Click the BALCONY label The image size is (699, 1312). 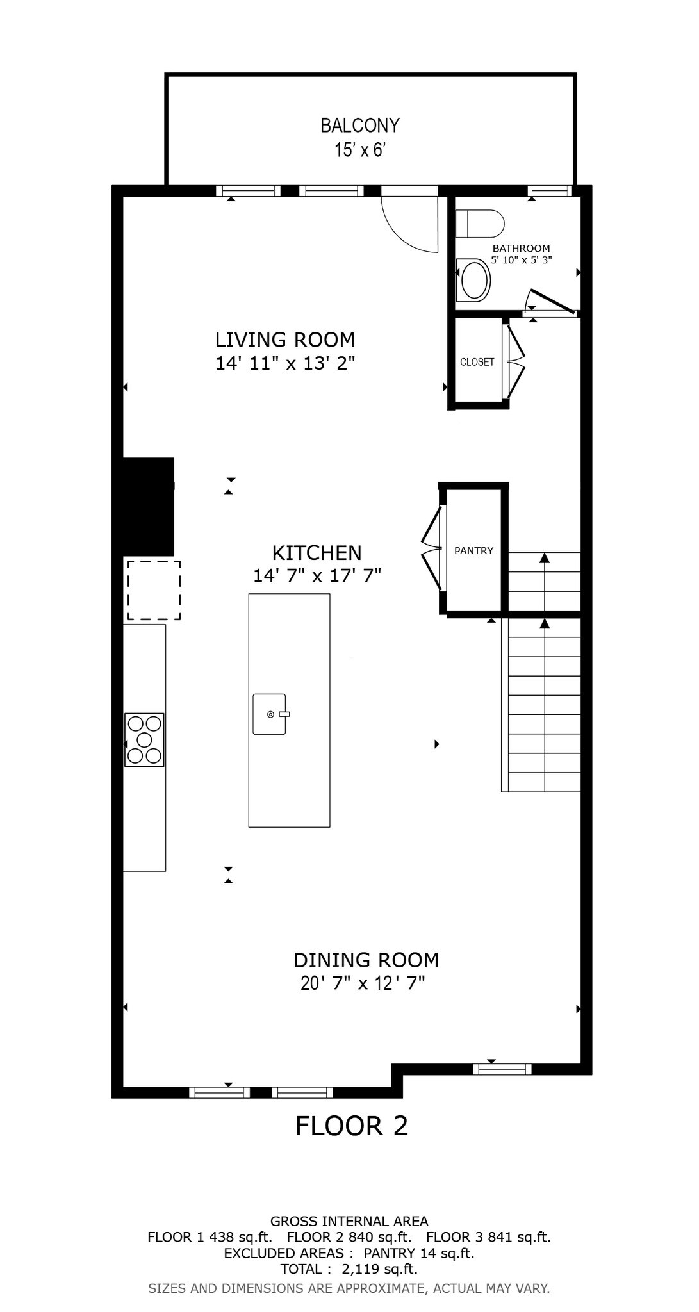pos(359,125)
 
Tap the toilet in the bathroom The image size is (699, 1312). pos(481,224)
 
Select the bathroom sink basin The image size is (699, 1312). pos(475,279)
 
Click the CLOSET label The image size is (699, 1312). pos(477,362)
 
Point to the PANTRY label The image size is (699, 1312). pos(473,550)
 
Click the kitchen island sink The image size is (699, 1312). pos(269,714)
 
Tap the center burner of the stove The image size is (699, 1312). pos(144,740)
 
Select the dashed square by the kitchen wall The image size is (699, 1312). pos(153,590)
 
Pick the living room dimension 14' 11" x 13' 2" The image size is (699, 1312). pos(285,363)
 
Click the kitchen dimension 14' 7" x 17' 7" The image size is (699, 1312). pos(317,575)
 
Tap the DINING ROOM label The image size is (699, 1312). pos(366,960)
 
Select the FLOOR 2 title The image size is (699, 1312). pos(351,1126)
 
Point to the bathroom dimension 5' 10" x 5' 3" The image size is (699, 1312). pos(521,260)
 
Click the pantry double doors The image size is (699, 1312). pos(431,548)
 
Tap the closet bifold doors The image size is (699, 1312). pos(516,362)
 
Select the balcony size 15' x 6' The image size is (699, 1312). pos(359,151)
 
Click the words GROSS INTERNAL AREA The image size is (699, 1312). pos(349,1221)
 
